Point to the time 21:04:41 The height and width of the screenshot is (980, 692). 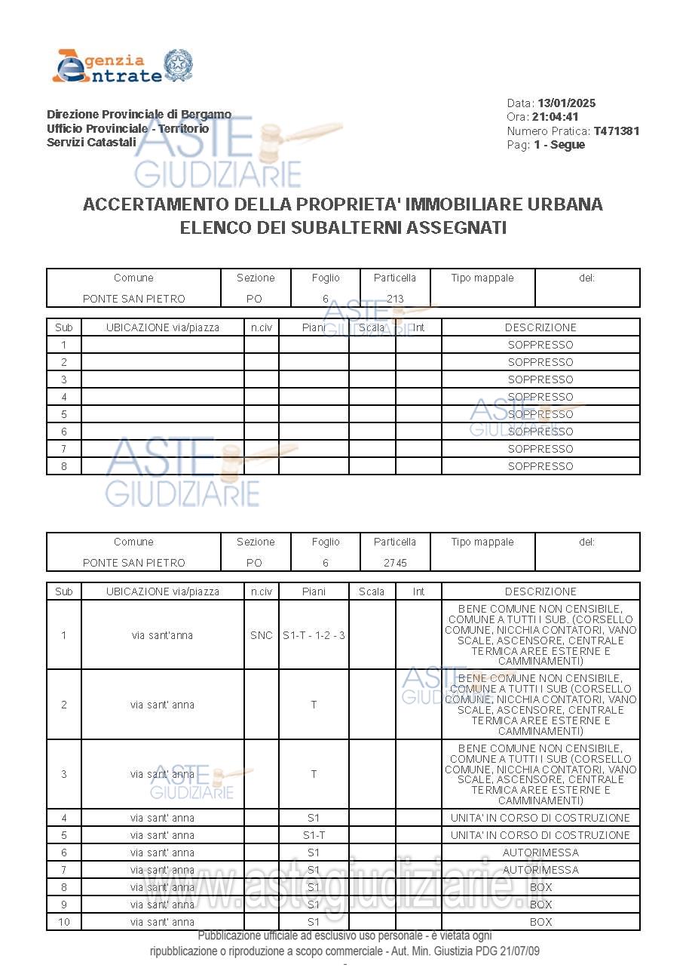[556, 117]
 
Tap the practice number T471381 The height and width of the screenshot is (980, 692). [616, 131]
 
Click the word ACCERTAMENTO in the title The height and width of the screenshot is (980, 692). [156, 204]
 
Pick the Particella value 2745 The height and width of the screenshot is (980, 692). [395, 563]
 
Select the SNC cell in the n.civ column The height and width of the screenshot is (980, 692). [262, 635]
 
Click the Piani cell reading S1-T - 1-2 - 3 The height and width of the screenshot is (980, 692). [314, 635]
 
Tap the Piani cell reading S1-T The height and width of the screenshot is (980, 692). [314, 835]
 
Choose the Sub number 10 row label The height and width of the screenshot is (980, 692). [64, 922]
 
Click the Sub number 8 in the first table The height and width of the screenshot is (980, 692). [64, 466]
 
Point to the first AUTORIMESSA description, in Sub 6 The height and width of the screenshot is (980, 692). [540, 853]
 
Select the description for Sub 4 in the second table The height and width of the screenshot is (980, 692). [540, 818]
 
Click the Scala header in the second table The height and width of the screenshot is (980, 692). [372, 591]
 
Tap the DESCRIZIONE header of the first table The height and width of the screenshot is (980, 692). [540, 327]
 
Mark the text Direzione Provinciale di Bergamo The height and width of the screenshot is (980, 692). [139, 115]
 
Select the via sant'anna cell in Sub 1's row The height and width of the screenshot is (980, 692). [162, 635]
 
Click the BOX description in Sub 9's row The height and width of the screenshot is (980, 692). [540, 905]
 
